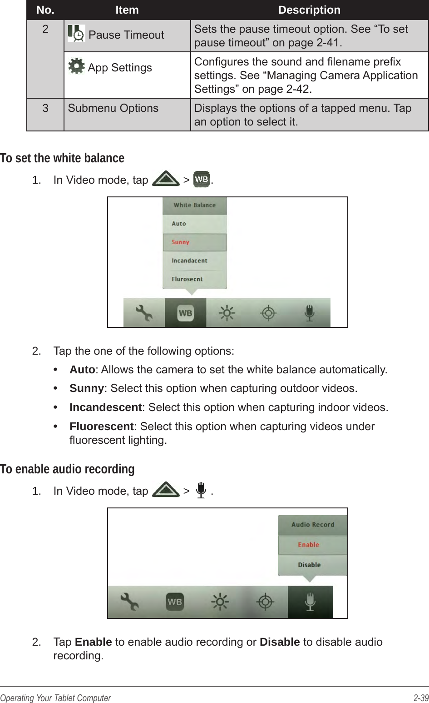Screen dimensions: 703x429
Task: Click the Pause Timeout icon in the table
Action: [76, 34]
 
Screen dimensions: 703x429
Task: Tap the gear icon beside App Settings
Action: [76, 66]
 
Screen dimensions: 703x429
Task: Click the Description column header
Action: [309, 10]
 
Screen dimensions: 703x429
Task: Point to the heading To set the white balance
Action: [62, 158]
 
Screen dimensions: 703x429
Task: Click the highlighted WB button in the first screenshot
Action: [185, 313]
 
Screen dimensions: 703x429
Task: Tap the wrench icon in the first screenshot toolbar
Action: [144, 313]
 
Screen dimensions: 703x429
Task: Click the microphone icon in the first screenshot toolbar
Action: [309, 313]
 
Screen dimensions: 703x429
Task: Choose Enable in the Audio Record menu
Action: [309, 545]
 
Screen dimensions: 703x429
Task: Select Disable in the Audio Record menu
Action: [310, 565]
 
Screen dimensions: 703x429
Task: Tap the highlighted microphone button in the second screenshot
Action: [310, 602]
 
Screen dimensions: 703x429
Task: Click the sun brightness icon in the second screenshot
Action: [220, 602]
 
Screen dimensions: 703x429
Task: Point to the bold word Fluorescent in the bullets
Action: [101, 427]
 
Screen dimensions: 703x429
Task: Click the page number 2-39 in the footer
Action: [420, 698]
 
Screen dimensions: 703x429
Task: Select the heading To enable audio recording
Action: [67, 469]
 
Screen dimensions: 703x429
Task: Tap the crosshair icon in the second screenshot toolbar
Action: [265, 602]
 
